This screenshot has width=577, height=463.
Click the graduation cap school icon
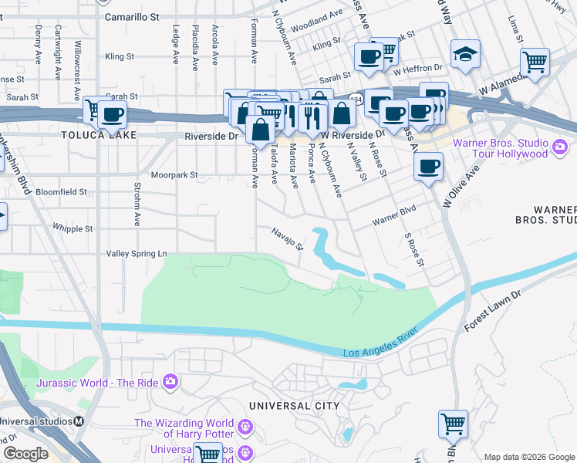click(464, 54)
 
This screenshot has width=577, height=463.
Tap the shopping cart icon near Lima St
click(535, 62)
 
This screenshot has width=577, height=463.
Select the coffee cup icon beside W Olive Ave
click(428, 165)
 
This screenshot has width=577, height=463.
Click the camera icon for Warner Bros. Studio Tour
click(562, 145)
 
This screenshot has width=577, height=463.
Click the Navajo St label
click(288, 238)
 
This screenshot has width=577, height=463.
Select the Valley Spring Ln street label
click(136, 253)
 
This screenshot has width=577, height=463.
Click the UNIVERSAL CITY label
click(294, 405)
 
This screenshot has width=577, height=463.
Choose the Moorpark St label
click(174, 175)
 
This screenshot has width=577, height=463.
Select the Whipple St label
click(73, 228)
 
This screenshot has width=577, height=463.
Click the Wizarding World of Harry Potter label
click(185, 428)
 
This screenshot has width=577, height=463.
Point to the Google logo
click(25, 454)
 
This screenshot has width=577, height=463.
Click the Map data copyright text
click(529, 457)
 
